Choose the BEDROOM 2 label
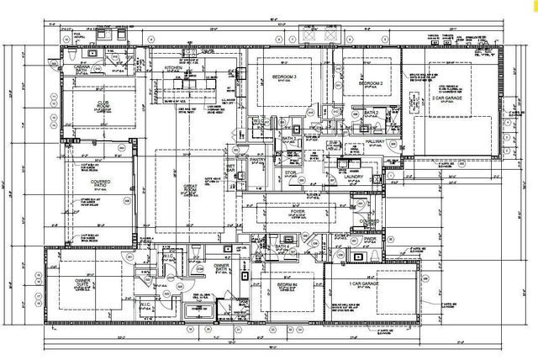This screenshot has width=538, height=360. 371,84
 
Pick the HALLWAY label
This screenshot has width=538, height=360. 374,143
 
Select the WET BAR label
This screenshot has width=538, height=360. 229,156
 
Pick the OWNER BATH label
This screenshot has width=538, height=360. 221,268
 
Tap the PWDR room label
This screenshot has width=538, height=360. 371,238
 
